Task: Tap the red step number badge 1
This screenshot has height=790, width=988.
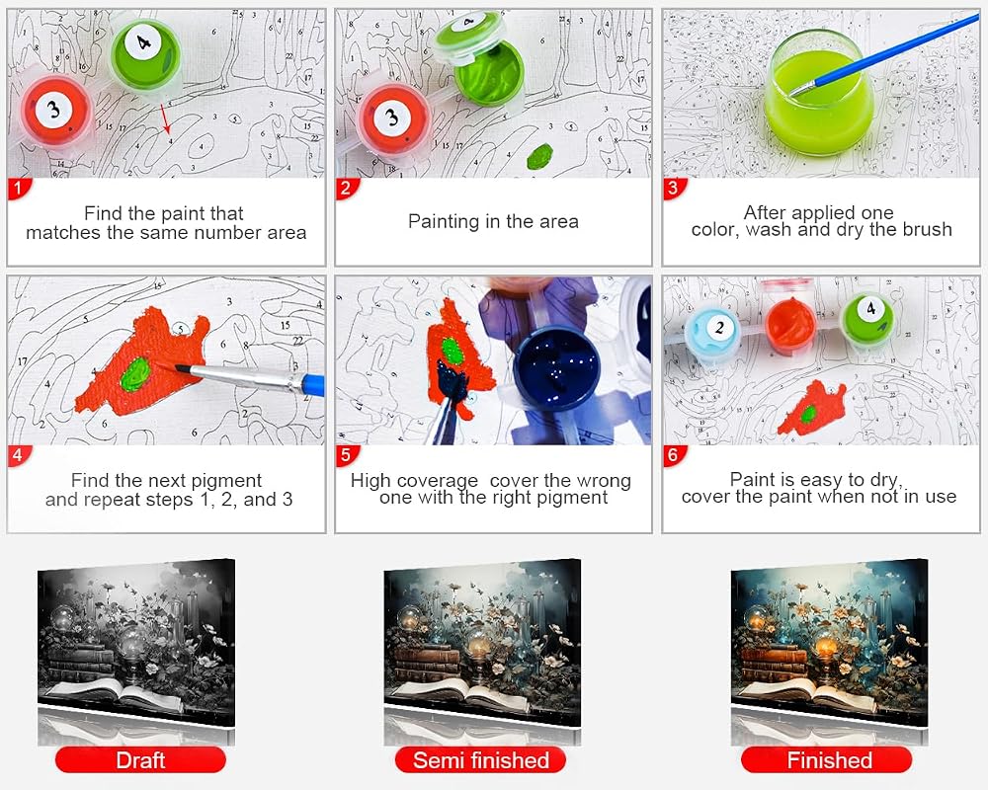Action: [x=19, y=189]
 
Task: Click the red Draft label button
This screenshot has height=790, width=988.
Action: [x=140, y=759]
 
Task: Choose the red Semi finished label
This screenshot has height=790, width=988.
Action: [x=481, y=759]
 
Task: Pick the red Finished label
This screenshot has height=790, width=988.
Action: [x=827, y=759]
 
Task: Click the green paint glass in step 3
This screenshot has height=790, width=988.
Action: [x=819, y=95]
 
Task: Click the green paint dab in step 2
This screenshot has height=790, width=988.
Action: [x=540, y=156]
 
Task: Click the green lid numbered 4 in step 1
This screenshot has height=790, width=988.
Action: [x=145, y=52]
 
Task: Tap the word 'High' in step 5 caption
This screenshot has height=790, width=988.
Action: [x=370, y=481]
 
